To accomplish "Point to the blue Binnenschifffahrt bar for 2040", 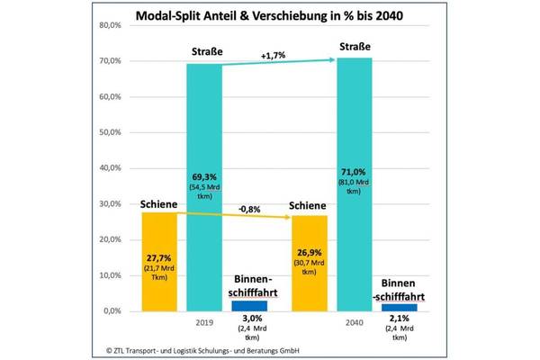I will [x=399, y=307].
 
